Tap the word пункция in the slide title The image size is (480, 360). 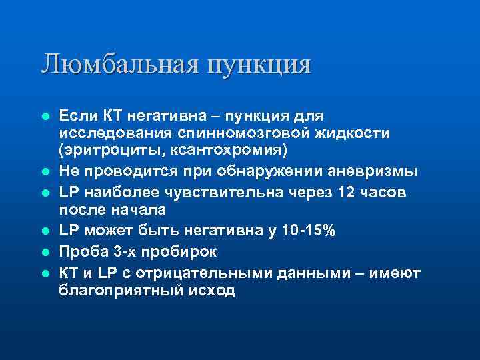coord(259,65)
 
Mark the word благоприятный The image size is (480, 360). coord(118,291)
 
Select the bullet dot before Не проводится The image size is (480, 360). coord(45,172)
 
